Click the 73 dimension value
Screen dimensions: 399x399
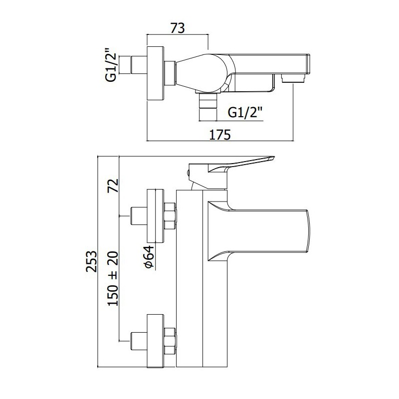tap(178, 28)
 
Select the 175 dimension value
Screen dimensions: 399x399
tap(220, 135)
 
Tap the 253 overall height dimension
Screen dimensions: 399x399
tap(91, 261)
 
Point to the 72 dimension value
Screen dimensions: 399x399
tap(114, 185)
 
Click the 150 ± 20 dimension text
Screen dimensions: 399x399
tap(113, 278)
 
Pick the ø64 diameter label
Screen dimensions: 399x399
tap(149, 256)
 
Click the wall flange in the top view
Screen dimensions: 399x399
tap(155, 74)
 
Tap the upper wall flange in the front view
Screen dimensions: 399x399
tap(155, 216)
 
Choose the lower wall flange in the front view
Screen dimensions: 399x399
tap(155, 341)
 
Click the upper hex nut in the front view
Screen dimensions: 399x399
tap(170, 215)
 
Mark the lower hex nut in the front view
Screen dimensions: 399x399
tap(170, 341)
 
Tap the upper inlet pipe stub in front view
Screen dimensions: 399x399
tap(139, 216)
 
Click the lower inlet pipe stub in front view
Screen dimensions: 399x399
tap(139, 341)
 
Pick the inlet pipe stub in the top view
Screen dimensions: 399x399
tap(139, 65)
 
